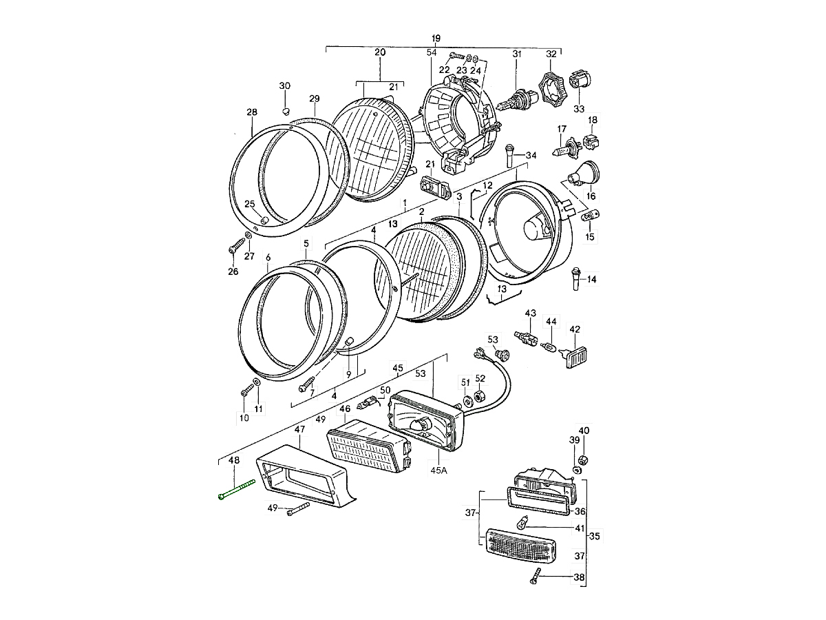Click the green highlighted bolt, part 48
[x=235, y=491]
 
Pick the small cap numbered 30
[x=286, y=110]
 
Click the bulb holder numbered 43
[x=527, y=339]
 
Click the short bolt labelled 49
[x=297, y=510]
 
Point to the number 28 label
[x=252, y=112]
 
